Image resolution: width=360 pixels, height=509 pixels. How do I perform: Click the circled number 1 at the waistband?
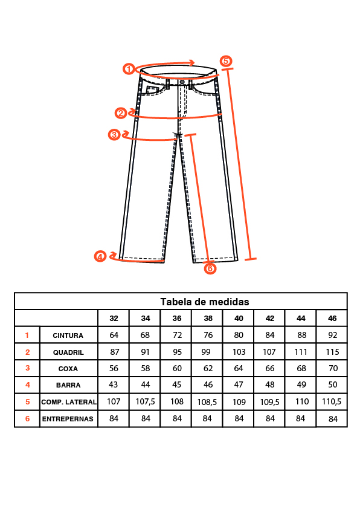129,69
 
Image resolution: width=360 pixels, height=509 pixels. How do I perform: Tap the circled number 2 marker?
121,113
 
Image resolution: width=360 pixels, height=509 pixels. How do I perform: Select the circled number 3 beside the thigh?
114,135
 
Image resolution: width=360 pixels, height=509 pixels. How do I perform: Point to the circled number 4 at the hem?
100,256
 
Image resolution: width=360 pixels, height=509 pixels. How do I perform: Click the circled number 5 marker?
226,61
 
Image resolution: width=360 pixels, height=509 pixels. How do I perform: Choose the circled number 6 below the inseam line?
210,268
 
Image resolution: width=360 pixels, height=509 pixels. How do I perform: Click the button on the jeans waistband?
182,82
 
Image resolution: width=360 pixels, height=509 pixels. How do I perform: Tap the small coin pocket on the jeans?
152,89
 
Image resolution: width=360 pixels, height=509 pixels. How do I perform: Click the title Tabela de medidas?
205,302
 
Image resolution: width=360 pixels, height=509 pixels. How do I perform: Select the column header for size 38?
208,319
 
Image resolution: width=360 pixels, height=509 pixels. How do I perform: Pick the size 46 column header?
332,319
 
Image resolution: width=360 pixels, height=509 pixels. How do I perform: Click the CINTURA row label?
68,336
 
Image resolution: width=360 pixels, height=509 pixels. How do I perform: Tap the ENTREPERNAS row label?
68,419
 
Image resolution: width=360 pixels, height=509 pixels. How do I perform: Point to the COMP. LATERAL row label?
69,402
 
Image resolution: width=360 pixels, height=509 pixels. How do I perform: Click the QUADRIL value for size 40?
239,352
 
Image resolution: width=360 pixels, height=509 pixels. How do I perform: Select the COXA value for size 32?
114,368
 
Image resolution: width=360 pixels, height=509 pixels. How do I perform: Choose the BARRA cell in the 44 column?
301,384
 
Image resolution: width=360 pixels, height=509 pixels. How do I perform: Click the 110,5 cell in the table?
332,402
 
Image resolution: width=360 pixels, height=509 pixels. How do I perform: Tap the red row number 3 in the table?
28,368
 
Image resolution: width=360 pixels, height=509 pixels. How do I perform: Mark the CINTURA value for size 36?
177,335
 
